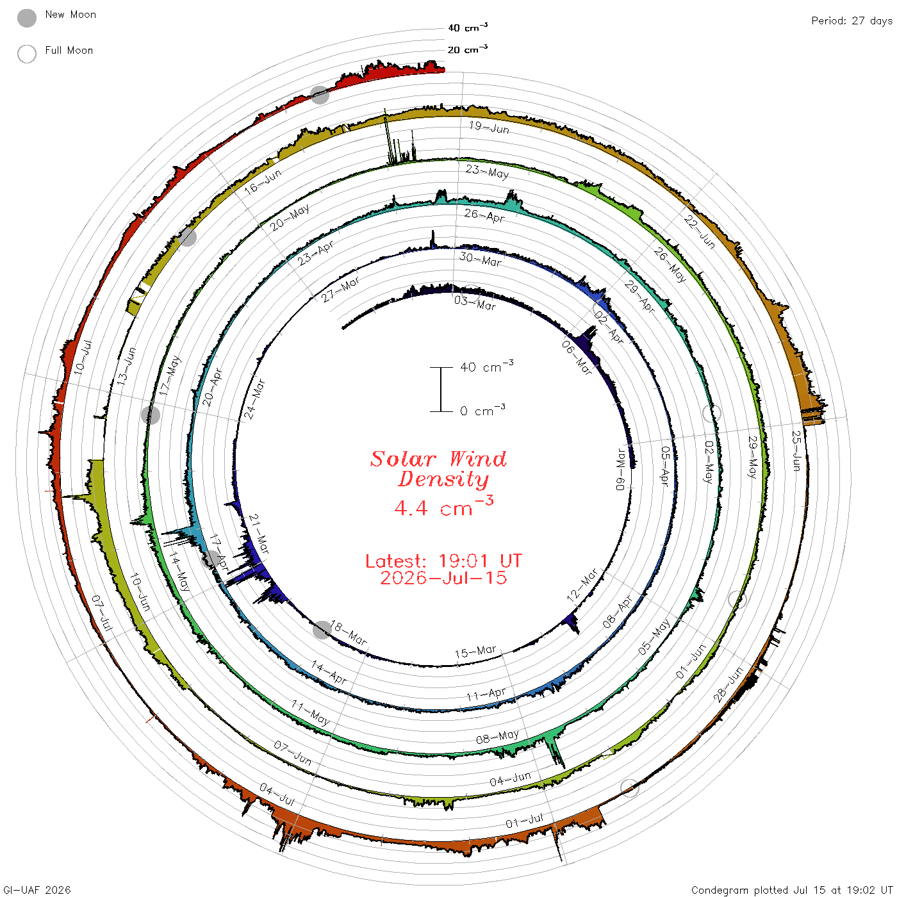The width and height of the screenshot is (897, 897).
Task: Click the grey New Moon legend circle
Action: tap(27, 18)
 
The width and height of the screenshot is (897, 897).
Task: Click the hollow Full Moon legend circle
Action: tap(27, 54)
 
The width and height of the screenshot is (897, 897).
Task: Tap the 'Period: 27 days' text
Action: tap(852, 21)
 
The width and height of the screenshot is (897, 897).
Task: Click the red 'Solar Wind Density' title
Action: tap(438, 469)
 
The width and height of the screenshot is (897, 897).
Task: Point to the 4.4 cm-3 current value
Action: tap(443, 506)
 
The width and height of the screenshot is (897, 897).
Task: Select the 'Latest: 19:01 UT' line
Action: tap(443, 561)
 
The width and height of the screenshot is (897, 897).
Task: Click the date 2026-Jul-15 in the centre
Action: tap(443, 578)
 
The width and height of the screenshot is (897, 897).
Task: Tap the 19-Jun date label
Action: tap(489, 127)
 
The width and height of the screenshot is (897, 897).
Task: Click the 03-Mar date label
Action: tap(475, 303)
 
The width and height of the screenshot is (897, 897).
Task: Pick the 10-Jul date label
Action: tap(83, 357)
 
